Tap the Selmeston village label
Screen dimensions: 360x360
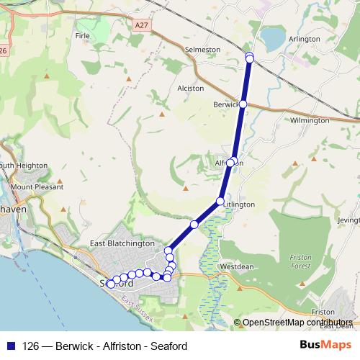[x=202, y=49]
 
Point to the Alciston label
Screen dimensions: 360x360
[x=191, y=89]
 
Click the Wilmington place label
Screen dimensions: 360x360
[x=310, y=121]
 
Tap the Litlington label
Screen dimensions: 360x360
[x=240, y=204]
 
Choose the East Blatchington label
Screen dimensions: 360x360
[x=122, y=244]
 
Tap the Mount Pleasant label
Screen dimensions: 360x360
[x=33, y=187]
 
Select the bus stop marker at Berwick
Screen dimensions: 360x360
[x=243, y=104]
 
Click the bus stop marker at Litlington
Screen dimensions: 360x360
[x=220, y=201]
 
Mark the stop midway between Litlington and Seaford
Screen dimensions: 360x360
[x=194, y=225]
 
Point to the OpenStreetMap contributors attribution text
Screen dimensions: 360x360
[x=297, y=323]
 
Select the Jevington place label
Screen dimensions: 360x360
[x=348, y=220]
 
